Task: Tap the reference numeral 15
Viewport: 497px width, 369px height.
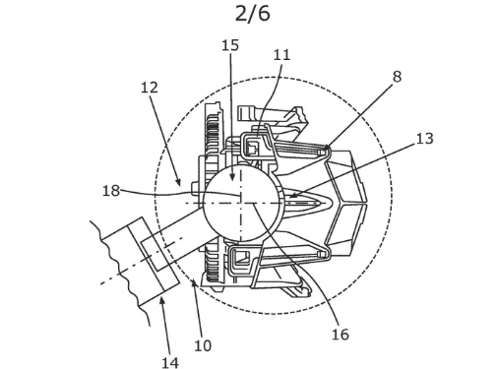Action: click(x=230, y=45)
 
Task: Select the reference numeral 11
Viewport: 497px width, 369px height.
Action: click(x=281, y=55)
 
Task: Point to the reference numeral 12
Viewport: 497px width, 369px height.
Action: click(x=150, y=88)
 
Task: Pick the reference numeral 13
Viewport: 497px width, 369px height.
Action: click(x=424, y=139)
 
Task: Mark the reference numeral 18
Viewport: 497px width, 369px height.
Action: click(x=111, y=190)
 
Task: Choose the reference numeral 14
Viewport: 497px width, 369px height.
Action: click(x=170, y=361)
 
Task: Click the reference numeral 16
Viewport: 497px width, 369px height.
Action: click(x=340, y=334)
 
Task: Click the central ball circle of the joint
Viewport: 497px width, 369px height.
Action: click(x=241, y=201)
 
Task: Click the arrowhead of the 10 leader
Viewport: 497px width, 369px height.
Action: click(x=193, y=281)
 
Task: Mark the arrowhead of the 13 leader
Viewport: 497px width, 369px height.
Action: click(x=290, y=196)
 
